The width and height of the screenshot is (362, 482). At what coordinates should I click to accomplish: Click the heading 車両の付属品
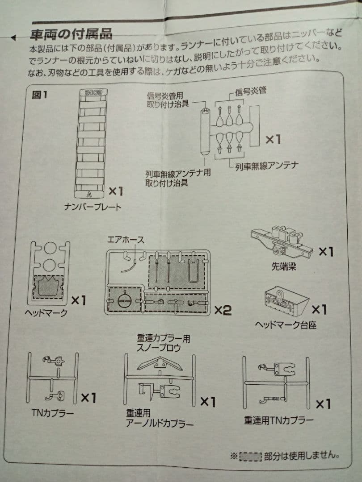click(71, 34)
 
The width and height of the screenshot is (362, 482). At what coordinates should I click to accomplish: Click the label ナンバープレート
click(93, 207)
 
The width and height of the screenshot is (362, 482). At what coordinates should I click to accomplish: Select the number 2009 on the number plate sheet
click(93, 92)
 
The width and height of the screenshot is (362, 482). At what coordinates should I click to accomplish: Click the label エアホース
click(126, 240)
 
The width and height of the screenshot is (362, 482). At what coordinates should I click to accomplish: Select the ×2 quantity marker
click(223, 310)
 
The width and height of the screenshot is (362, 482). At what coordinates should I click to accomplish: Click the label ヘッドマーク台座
click(286, 325)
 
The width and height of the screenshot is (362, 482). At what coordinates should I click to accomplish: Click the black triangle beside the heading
click(14, 37)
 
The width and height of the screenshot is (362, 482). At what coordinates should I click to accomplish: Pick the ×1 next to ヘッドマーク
click(78, 300)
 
